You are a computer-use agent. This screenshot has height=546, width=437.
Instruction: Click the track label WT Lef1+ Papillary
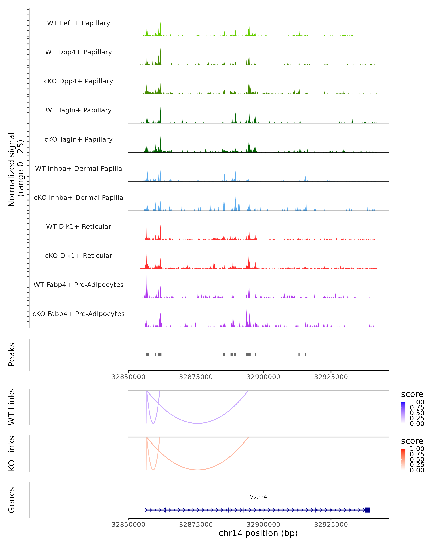coord(78,23)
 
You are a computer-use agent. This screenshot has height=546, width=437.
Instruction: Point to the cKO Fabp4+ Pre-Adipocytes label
coord(78,314)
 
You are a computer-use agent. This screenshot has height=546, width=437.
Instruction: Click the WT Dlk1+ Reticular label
coord(78,226)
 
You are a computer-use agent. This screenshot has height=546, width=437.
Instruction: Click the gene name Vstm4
coord(258,497)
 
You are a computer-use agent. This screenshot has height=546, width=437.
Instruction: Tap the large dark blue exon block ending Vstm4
coord(368,510)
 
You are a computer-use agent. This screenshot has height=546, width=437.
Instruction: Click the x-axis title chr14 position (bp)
coord(258,533)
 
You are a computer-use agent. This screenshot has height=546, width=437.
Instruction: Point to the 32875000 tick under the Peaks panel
coord(196,377)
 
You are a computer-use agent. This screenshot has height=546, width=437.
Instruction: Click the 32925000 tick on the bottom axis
coord(331,524)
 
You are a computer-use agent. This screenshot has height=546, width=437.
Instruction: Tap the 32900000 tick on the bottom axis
coord(263,524)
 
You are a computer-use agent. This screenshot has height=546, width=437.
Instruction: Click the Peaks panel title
coord(12,355)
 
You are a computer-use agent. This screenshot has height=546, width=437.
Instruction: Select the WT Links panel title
coord(12,407)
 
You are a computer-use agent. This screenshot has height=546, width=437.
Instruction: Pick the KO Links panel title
coord(12,453)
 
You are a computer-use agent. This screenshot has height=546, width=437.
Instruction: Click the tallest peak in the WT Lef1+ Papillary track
coord(249,18)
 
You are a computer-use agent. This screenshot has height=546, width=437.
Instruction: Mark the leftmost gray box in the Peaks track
coord(147,355)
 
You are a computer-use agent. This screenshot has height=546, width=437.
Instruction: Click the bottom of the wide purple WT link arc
coord(198,423)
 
